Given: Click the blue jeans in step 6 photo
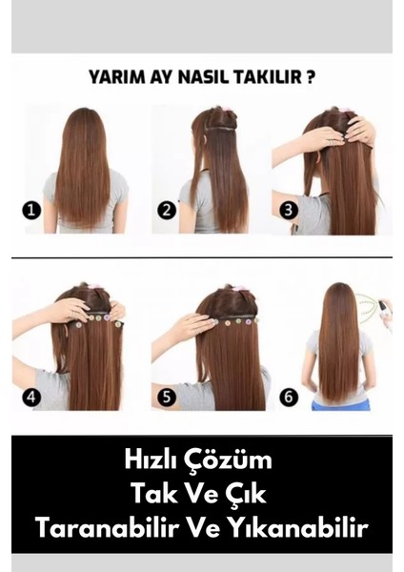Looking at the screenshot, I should point(339,404).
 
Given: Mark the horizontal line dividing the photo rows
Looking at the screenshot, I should point(202,257).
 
